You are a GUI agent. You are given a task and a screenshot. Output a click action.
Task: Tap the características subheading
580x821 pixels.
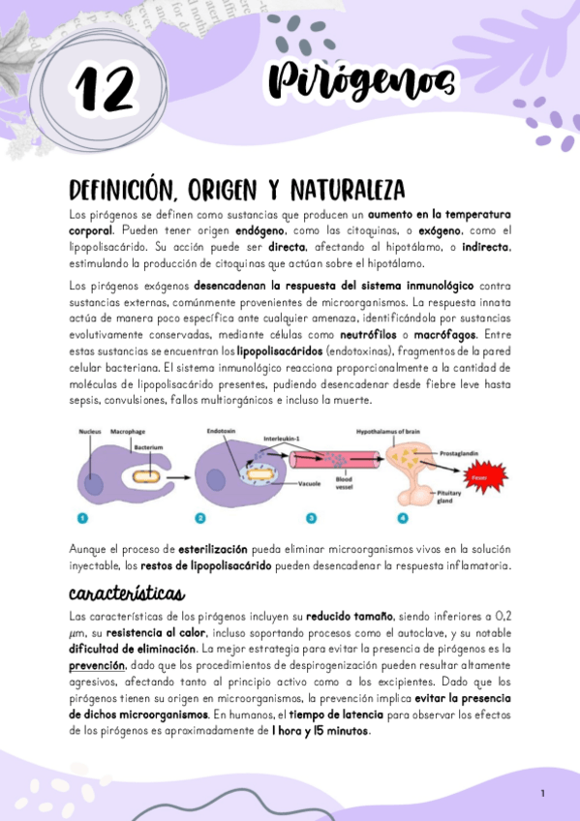(127, 592)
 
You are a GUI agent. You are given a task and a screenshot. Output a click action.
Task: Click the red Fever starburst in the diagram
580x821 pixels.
(480, 476)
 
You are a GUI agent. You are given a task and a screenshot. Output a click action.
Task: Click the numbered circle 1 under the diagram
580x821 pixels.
(84, 519)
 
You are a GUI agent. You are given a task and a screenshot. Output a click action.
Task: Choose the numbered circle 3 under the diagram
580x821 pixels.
(311, 519)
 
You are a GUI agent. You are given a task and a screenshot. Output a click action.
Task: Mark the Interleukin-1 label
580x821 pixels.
(284, 438)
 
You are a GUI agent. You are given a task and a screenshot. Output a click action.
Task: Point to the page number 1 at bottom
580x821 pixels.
(543, 793)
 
